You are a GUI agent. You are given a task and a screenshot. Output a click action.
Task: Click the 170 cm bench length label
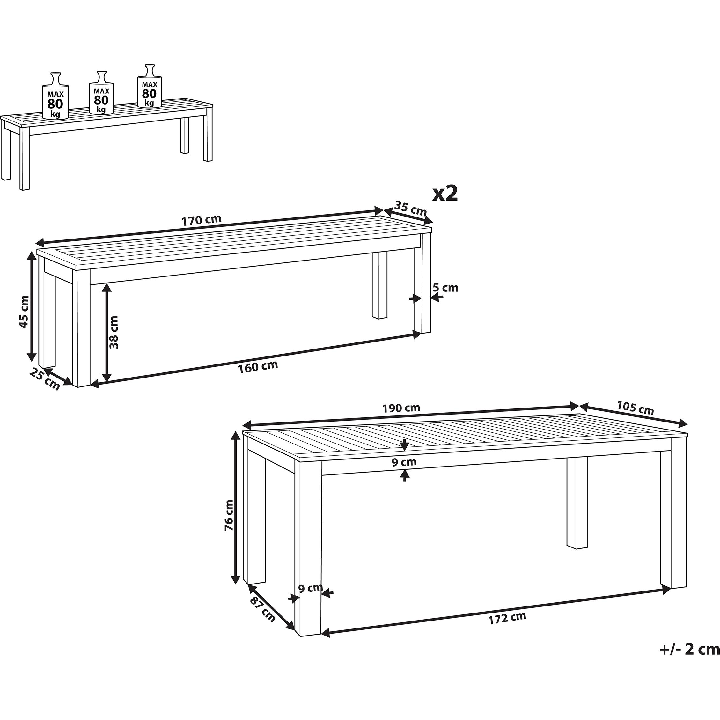(201, 220)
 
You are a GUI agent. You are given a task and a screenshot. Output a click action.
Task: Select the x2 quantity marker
(445, 194)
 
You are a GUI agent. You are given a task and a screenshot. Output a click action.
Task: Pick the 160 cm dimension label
(258, 366)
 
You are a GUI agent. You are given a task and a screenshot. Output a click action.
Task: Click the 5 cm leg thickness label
(445, 288)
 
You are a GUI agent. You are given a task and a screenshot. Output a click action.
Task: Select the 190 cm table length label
(401, 408)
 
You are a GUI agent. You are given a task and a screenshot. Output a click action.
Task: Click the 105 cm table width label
(636, 408)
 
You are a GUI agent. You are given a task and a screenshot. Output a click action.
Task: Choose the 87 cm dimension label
(263, 611)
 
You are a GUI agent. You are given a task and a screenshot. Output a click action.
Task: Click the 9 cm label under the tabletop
(404, 462)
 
